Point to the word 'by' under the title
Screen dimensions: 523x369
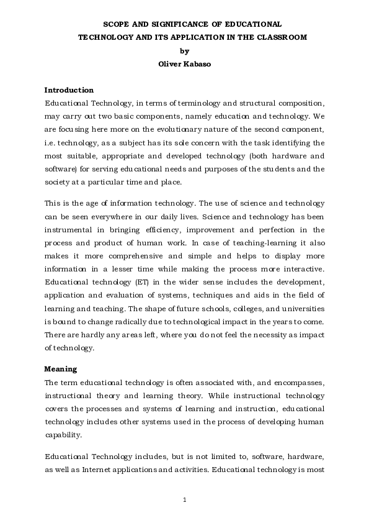184,51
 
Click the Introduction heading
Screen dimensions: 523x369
69,90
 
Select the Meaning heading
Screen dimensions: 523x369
61,368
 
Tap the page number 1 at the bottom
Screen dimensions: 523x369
184,499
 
